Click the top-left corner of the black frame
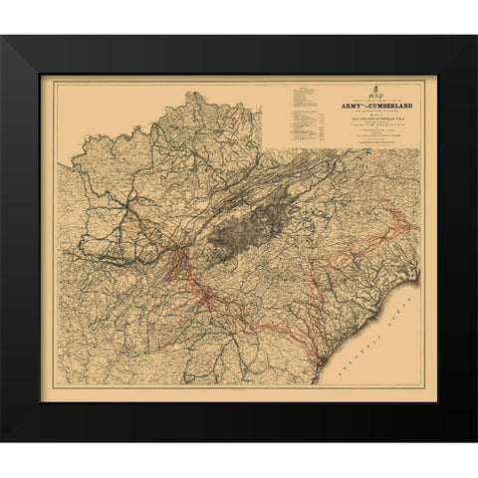(x=3, y=37)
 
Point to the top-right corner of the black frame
(x=475, y=37)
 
